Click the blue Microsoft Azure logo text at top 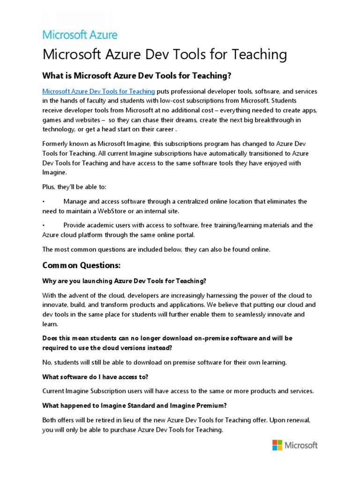tap(80, 35)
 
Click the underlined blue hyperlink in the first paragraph tap(98, 91)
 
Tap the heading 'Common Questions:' tap(82, 266)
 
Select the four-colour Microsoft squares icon tap(277, 445)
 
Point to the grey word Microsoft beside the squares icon tap(302, 445)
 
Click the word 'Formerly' tap(56, 143)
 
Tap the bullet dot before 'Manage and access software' tap(44, 202)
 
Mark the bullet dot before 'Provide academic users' tap(44, 225)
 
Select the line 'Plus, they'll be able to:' tap(75, 187)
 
